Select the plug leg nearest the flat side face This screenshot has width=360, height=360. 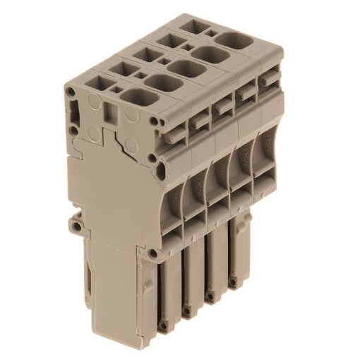[x=167, y=296]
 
